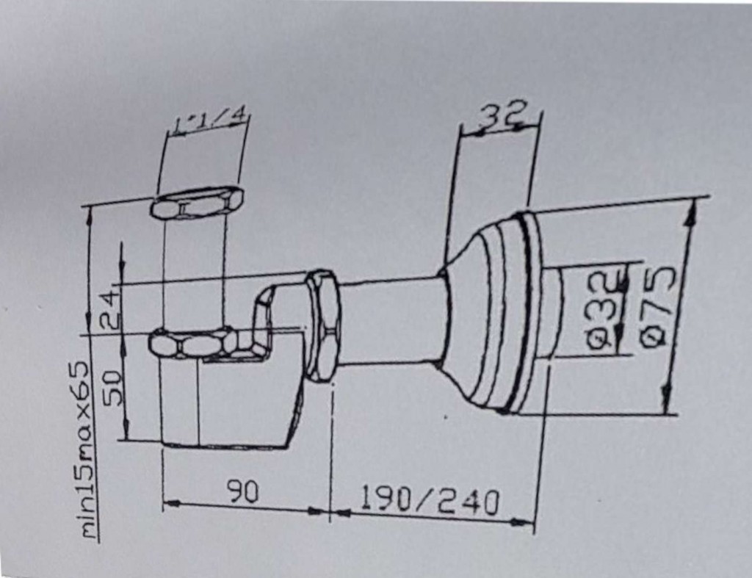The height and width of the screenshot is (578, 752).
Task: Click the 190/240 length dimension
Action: click(x=429, y=502)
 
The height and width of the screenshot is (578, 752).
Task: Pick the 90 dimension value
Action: click(x=242, y=492)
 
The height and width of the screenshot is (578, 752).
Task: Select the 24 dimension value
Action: click(x=112, y=310)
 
